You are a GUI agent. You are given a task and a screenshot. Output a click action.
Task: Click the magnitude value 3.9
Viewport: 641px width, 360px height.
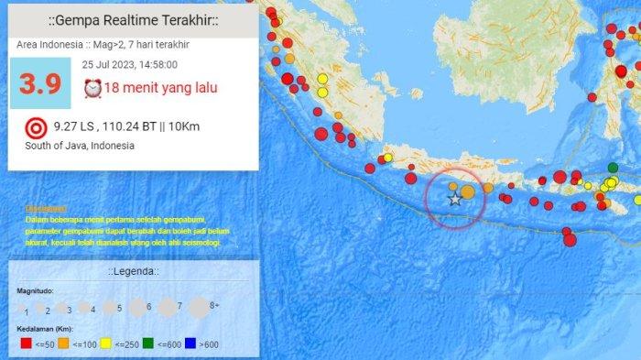[41, 84]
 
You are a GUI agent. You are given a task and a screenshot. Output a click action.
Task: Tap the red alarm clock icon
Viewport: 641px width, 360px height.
[92, 88]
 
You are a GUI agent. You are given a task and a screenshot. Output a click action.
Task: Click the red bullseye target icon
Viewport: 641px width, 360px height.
[35, 126]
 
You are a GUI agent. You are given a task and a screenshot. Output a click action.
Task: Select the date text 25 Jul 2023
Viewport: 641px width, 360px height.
[108, 65]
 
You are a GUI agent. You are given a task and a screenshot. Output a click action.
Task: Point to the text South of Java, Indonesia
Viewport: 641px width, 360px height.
[80, 146]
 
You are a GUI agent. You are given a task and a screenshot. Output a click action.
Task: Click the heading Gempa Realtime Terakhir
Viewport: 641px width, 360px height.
[132, 20]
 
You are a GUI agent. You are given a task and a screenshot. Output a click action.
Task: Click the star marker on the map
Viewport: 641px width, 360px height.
[454, 198]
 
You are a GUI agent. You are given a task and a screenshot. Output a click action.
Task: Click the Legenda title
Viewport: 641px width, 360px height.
[132, 272]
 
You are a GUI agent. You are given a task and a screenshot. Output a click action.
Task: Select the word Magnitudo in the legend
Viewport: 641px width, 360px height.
[36, 290]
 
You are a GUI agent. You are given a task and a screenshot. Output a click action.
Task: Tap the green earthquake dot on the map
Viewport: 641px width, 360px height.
[613, 168]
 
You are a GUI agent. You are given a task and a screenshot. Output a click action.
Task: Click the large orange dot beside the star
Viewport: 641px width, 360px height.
[467, 191]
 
